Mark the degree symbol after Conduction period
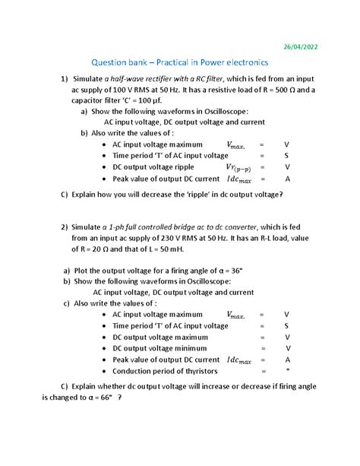(287, 369)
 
